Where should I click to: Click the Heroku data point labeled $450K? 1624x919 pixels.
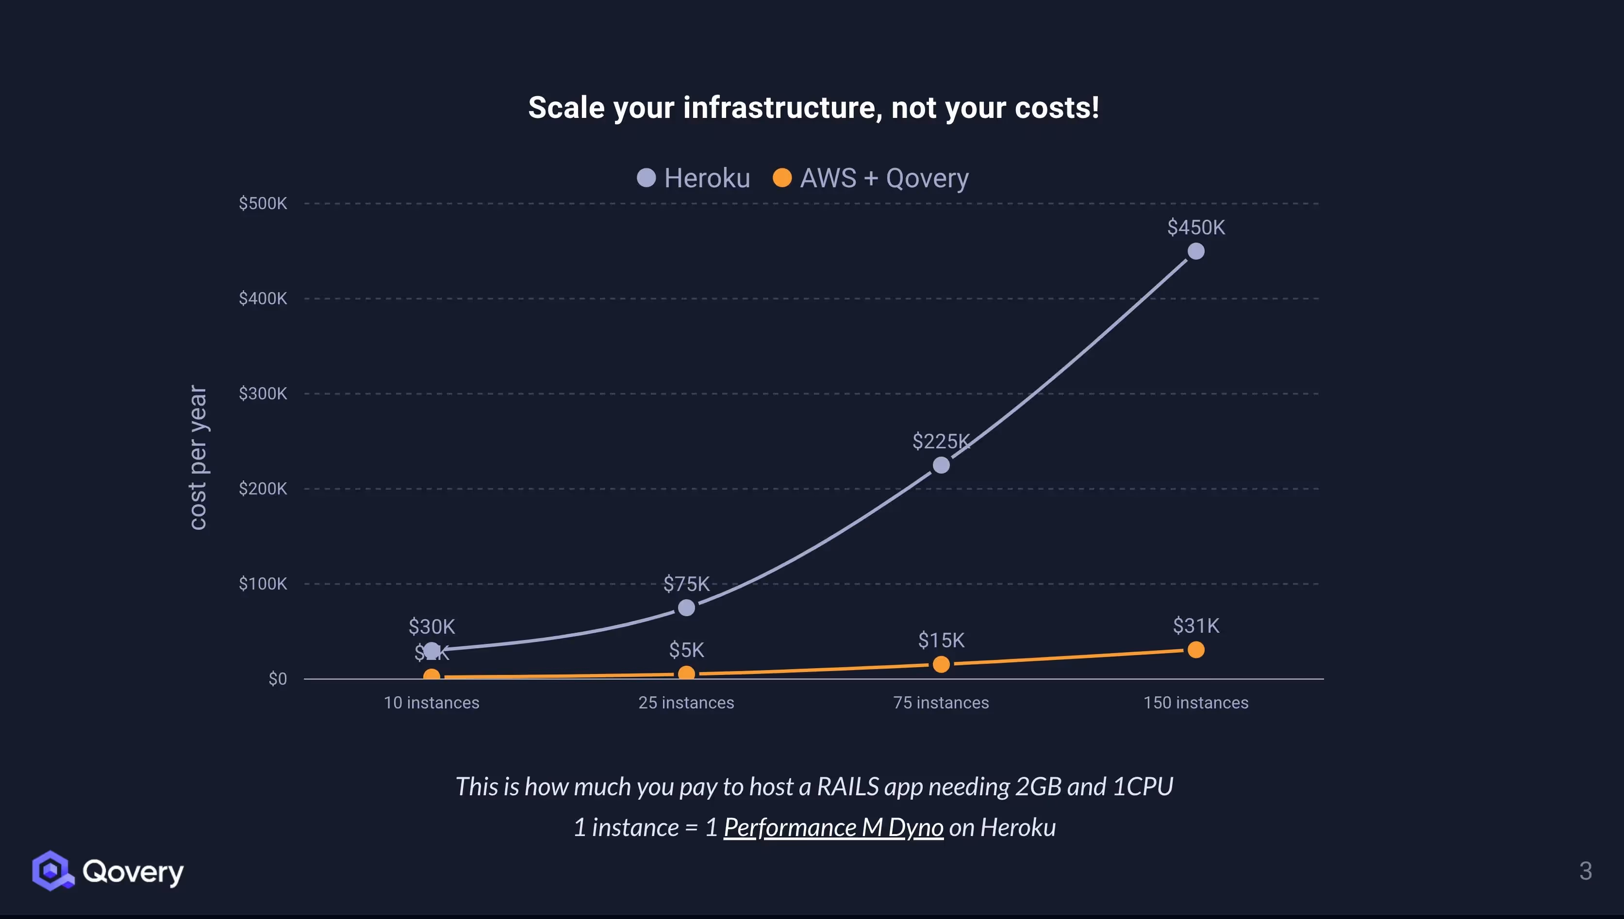tap(1195, 251)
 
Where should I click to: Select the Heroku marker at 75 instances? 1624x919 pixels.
tap(941, 465)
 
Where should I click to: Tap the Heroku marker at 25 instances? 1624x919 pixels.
tap(686, 608)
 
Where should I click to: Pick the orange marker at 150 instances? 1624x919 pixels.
tap(1195, 650)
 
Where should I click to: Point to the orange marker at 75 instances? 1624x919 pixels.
tap(941, 664)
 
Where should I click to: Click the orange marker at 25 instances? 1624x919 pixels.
tap(686, 673)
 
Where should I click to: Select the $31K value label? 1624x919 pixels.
tap(1195, 625)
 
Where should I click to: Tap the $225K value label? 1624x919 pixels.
tap(941, 441)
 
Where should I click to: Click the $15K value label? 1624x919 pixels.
tap(941, 640)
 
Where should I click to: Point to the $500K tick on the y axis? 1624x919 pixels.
tap(263, 203)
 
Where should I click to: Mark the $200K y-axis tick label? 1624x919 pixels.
tap(263, 489)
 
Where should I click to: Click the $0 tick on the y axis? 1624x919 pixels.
tap(277, 678)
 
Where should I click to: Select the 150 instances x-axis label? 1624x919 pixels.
tap(1195, 703)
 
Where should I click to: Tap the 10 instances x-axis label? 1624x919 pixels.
tap(431, 703)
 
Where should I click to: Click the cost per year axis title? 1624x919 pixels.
tap(198, 458)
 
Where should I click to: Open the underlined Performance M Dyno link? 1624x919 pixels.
tap(833, 827)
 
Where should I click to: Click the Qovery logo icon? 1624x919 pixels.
tap(52, 870)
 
